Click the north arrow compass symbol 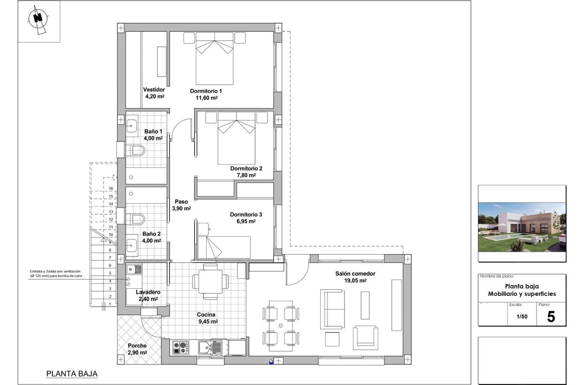coord(38,19)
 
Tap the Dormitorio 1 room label coord(206,91)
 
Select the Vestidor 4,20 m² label coord(154,93)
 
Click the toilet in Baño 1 coord(134,151)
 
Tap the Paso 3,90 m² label coord(181,205)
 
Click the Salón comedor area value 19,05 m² coord(355,281)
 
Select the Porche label coord(137,346)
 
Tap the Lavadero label coord(148,292)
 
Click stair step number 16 coord(111,189)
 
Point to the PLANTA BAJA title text coord(72,373)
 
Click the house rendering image coord(522,227)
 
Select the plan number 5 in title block coord(551,317)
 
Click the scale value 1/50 coord(521,317)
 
